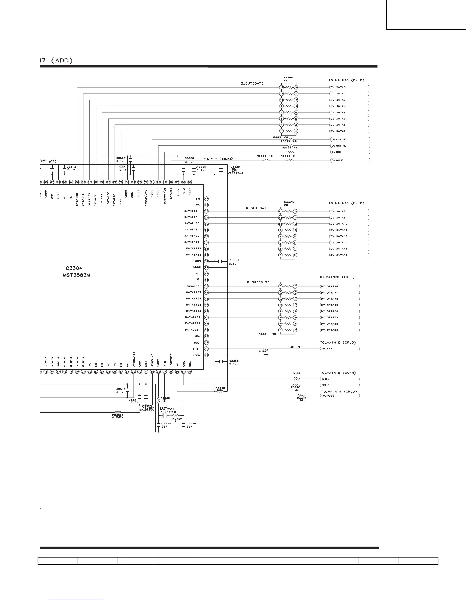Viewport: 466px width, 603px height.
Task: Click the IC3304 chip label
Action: (73, 268)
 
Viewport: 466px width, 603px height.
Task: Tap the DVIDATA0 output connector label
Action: (338, 88)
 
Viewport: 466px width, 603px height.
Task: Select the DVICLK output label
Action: (337, 160)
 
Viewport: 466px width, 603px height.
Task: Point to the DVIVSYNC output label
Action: (339, 139)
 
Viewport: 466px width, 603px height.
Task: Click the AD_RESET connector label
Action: (329, 396)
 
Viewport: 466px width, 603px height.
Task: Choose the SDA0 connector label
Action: (326, 379)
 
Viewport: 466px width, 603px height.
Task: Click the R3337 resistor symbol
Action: (265, 349)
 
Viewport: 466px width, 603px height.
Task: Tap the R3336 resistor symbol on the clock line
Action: (266, 160)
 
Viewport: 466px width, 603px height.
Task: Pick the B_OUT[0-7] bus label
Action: (252, 83)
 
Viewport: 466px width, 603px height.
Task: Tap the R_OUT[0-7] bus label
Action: (258, 282)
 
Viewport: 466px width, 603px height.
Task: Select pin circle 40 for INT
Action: (206, 349)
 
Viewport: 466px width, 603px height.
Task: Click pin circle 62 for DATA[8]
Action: (206, 211)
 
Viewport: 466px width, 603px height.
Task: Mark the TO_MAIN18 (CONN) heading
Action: (338, 373)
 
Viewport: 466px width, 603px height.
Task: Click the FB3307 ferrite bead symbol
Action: (118, 412)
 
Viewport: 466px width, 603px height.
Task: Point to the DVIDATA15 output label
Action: (338, 255)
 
